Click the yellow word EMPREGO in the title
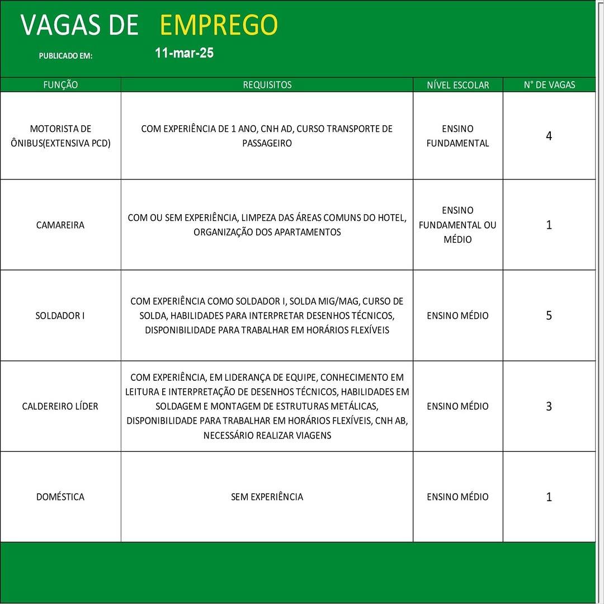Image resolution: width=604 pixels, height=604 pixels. tap(219, 25)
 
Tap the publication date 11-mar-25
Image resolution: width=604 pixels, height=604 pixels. tap(184, 54)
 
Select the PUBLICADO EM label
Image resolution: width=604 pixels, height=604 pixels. tap(65, 56)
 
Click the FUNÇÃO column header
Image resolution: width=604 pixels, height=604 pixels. tap(60, 85)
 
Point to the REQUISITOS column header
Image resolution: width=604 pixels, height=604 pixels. tap(267, 85)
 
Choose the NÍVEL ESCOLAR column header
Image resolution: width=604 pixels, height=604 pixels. tap(457, 85)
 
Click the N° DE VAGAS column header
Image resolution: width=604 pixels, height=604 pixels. tap(549, 85)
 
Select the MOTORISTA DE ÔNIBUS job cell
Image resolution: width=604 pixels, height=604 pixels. tap(60, 136)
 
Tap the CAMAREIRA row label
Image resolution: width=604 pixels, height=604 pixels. tap(60, 225)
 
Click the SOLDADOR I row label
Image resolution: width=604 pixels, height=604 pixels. tap(60, 315)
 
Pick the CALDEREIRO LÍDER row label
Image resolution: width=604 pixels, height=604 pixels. tap(60, 406)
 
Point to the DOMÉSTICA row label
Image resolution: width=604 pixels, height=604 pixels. tap(60, 497)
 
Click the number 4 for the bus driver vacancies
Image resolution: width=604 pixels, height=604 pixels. tap(549, 136)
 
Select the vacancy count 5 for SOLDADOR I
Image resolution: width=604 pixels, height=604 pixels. tap(549, 315)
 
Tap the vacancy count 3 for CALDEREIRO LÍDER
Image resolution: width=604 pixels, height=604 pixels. tap(549, 407)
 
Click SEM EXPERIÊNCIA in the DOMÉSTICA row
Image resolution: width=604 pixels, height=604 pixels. tap(267, 497)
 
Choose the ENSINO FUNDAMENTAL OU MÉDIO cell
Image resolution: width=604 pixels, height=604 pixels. tap(457, 225)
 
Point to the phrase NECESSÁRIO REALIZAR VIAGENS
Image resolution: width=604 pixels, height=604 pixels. tap(267, 435)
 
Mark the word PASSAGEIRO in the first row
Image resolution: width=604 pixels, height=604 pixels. tap(267, 143)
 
